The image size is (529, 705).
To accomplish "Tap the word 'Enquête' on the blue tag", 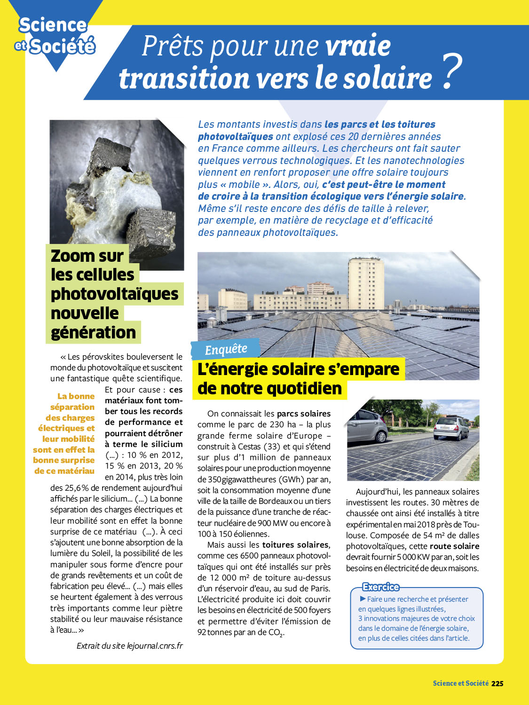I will click(226, 349).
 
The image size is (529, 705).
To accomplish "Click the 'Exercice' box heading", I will click(380, 587).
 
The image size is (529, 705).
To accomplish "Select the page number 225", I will click(497, 683).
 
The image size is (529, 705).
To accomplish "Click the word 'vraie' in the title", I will click(358, 46).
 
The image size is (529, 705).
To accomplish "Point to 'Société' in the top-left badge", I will click(62, 47).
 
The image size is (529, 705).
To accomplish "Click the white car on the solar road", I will click(450, 427).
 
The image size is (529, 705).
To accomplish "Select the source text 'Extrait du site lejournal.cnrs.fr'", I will click(129, 646).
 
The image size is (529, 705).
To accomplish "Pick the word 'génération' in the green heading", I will click(93, 332).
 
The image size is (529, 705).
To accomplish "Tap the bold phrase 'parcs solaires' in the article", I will click(303, 414).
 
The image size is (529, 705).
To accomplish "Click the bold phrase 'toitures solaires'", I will click(296, 545).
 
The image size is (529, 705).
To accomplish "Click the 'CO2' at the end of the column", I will click(276, 633).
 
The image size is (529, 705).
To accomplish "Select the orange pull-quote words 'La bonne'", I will click(76, 396).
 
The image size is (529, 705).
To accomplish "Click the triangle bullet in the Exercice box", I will click(363, 599).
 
